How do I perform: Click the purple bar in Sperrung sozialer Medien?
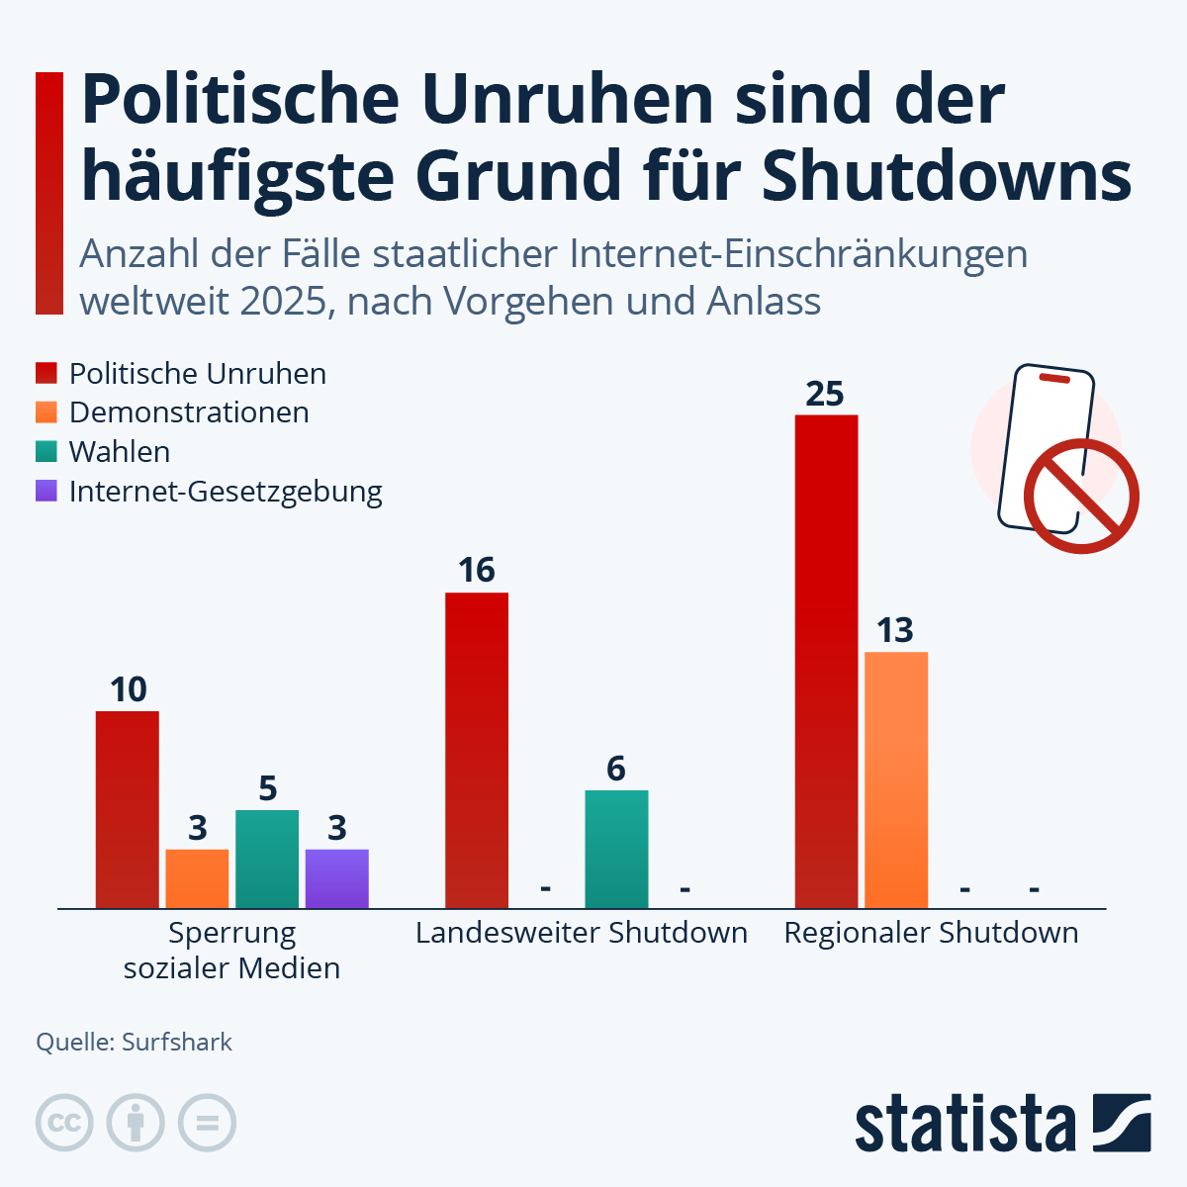pyautogui.click(x=336, y=878)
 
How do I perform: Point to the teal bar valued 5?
pyautogui.click(x=267, y=859)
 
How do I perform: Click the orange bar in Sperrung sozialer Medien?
pyautogui.click(x=197, y=878)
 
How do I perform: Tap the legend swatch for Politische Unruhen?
pyautogui.click(x=46, y=373)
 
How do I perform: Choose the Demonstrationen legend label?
pyautogui.click(x=189, y=412)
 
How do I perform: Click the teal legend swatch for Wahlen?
pyautogui.click(x=46, y=451)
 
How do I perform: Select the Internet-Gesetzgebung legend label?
pyautogui.click(x=226, y=491)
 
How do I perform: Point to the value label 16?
pyautogui.click(x=477, y=571)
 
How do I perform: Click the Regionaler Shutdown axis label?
pyautogui.click(x=931, y=933)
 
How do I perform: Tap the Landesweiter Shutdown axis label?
pyautogui.click(x=582, y=933)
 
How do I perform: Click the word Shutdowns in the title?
pyautogui.click(x=947, y=176)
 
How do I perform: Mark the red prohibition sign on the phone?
pyautogui.click(x=1080, y=497)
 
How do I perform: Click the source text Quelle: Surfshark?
pyautogui.click(x=135, y=1042)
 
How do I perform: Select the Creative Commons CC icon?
pyautogui.click(x=64, y=1124)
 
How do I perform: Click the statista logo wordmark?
pyautogui.click(x=964, y=1124)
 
